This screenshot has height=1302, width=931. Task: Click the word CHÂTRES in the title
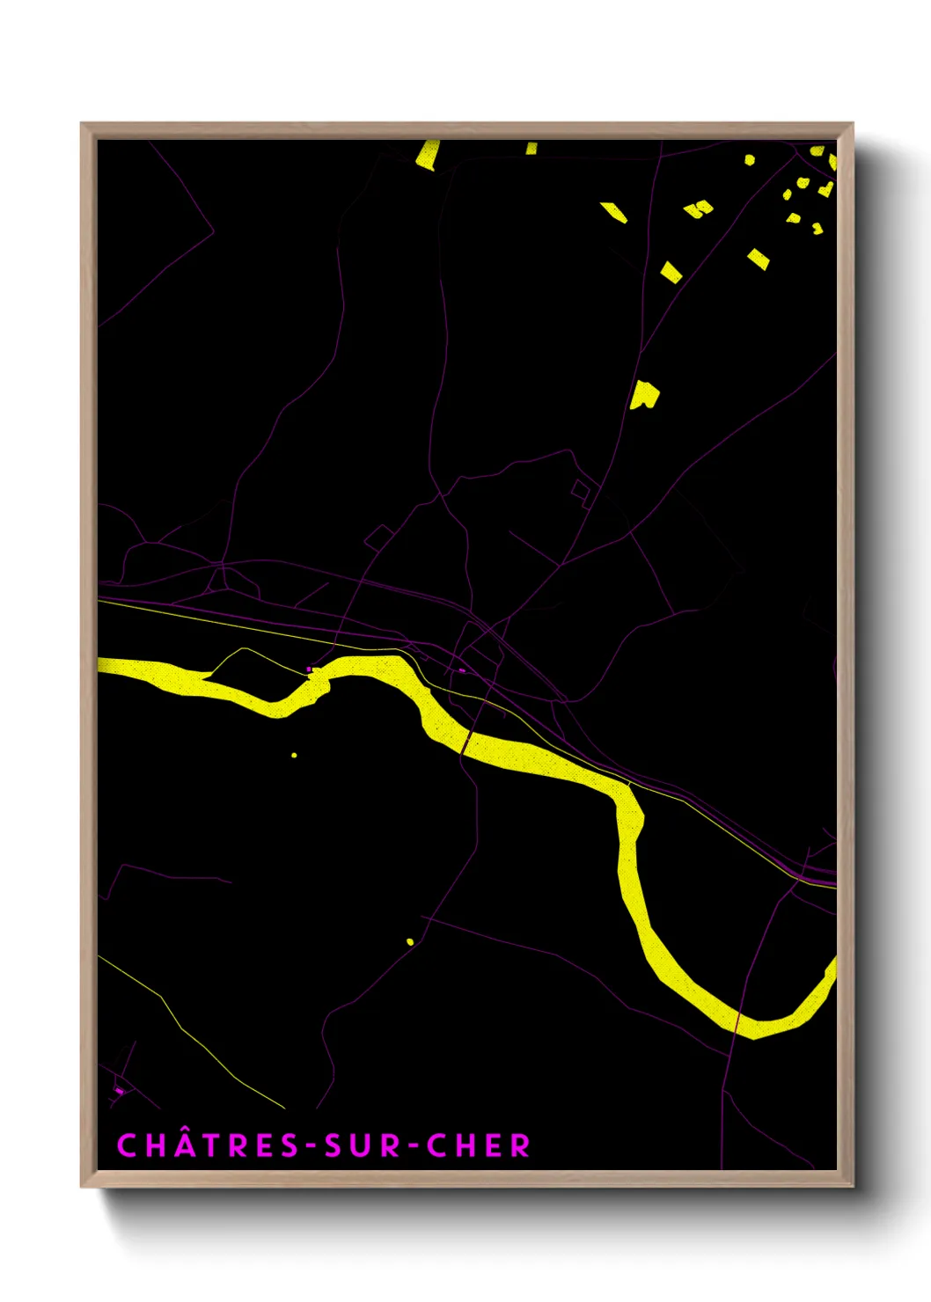tap(208, 1145)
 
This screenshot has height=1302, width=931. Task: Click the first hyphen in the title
tap(311, 1146)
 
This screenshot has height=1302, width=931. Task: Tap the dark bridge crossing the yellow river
tap(465, 743)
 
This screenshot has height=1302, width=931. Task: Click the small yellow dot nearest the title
tap(410, 942)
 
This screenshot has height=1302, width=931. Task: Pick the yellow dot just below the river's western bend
tap(294, 755)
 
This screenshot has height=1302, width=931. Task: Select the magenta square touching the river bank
tap(310, 669)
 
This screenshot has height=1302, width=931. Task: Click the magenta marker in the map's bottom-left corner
tap(119, 1091)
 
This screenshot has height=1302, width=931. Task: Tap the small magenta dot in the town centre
tap(462, 670)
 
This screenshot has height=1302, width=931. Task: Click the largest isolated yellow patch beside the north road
tap(644, 395)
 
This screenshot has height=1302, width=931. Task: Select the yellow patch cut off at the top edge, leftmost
tap(428, 154)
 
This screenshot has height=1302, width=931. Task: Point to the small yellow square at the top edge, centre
tap(531, 148)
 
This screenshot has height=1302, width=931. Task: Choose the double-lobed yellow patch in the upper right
tap(699, 209)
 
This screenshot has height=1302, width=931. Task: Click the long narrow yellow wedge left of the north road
tap(613, 212)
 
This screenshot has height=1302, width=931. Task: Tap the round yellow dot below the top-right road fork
tap(750, 159)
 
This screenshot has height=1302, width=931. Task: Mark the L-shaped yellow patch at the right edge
tap(826, 188)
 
